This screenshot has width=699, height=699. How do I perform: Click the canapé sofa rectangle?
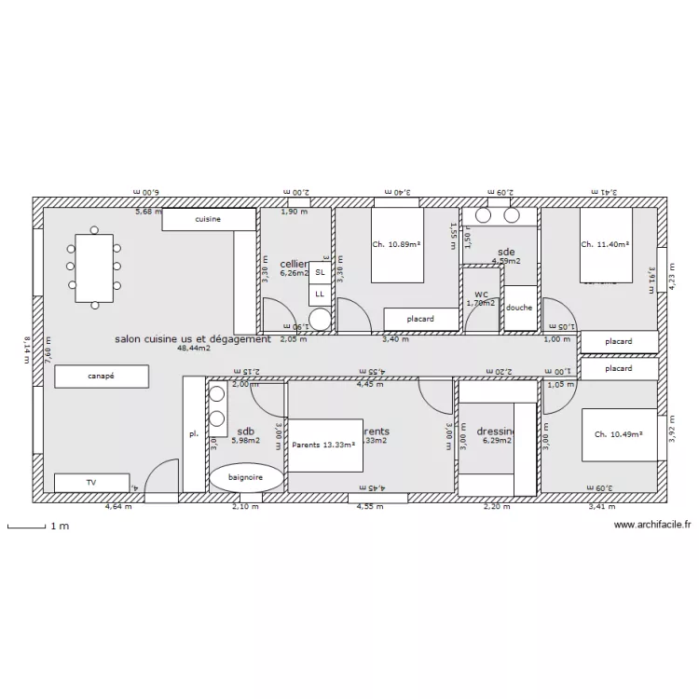click(102, 377)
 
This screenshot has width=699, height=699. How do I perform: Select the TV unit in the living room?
click(91, 483)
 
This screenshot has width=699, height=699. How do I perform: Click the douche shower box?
click(520, 308)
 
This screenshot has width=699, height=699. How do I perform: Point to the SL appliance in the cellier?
click(320, 272)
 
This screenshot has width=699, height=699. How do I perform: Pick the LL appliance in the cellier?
click(320, 294)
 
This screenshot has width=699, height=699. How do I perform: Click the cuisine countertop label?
click(208, 219)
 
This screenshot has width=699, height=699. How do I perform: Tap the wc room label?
click(481, 294)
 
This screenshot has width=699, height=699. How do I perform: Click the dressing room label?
click(496, 432)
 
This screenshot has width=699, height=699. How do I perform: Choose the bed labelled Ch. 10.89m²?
click(397, 245)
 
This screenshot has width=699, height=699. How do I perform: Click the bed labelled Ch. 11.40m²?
click(606, 244)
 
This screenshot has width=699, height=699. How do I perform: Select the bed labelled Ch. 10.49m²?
click(620, 434)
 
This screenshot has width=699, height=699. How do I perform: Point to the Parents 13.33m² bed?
click(324, 445)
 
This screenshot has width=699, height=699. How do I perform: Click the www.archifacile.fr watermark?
click(651, 526)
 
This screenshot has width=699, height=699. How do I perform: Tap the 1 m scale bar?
click(28, 527)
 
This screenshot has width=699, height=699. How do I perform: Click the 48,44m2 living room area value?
click(193, 349)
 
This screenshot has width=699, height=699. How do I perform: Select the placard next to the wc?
click(421, 320)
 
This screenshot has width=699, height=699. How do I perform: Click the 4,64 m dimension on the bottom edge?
click(118, 507)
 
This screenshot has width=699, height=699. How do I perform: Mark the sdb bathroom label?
click(245, 432)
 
